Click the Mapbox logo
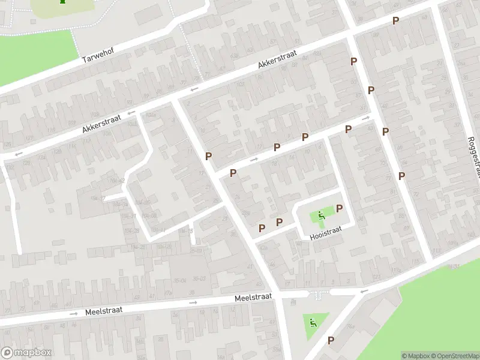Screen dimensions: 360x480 [26, 353]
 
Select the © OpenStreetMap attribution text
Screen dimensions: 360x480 [455, 356]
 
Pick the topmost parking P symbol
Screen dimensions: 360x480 [395, 21]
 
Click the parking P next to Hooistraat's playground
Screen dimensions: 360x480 [340, 208]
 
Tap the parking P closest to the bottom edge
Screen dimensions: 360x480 [331, 340]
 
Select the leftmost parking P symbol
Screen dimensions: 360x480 [208, 156]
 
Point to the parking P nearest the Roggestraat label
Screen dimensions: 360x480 [402, 176]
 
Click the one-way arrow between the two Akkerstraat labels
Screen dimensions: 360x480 [194, 90]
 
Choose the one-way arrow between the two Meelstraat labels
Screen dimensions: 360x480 [193, 302]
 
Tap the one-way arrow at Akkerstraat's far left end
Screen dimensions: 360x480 [19, 154]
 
